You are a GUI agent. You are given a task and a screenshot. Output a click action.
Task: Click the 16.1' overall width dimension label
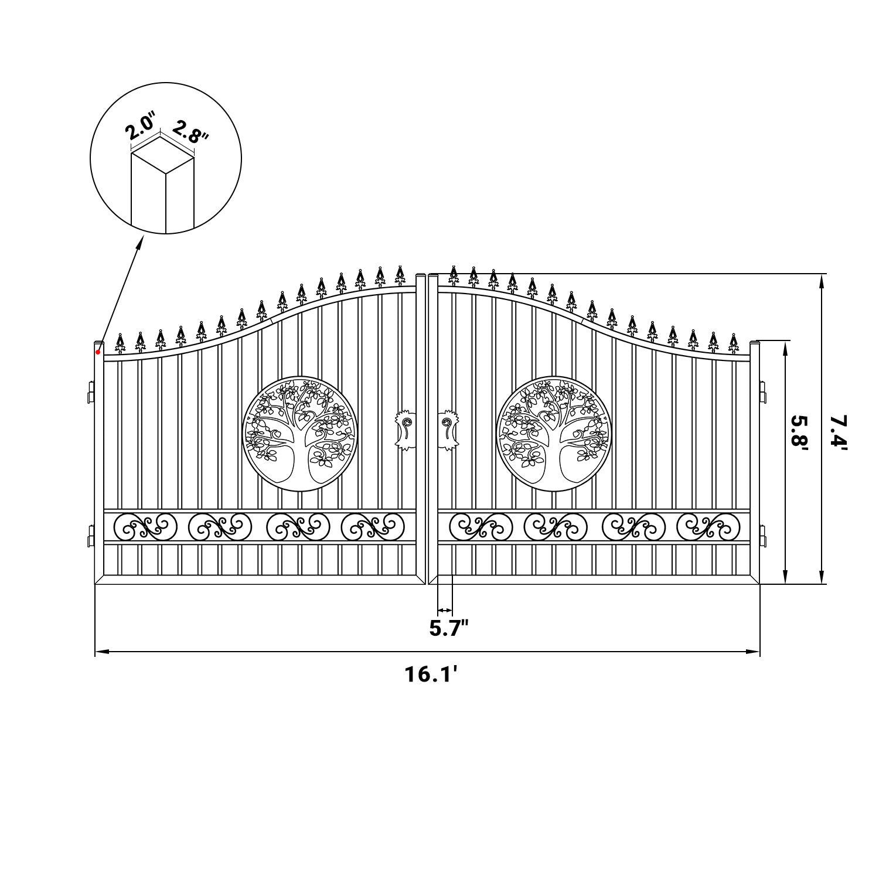[x=430, y=674]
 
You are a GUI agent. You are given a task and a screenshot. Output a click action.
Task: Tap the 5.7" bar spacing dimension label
[x=449, y=628]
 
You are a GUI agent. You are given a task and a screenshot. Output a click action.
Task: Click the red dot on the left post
[x=98, y=352]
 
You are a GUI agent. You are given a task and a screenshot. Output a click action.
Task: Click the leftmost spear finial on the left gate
[x=120, y=344]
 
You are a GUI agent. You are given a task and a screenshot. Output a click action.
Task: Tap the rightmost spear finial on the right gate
[x=733, y=343]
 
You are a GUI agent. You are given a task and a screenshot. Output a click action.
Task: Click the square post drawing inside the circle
[x=163, y=188]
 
